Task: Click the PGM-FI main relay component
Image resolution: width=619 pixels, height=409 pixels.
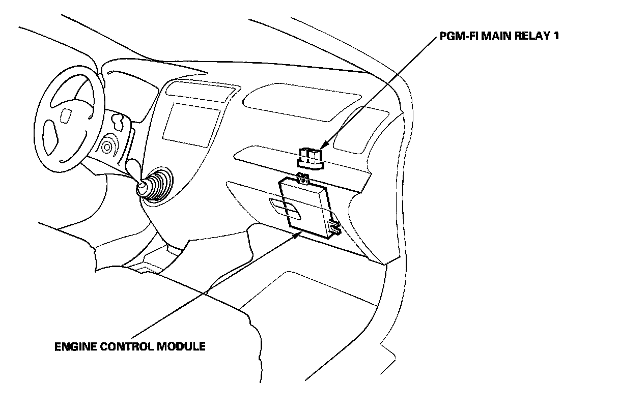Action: [x=310, y=157]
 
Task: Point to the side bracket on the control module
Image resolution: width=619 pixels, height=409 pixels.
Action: [x=334, y=227]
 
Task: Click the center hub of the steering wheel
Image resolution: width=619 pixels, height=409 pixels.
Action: [x=66, y=115]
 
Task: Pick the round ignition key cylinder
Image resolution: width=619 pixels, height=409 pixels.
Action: [x=107, y=148]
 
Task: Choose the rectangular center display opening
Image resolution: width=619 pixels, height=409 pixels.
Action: [x=191, y=121]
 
